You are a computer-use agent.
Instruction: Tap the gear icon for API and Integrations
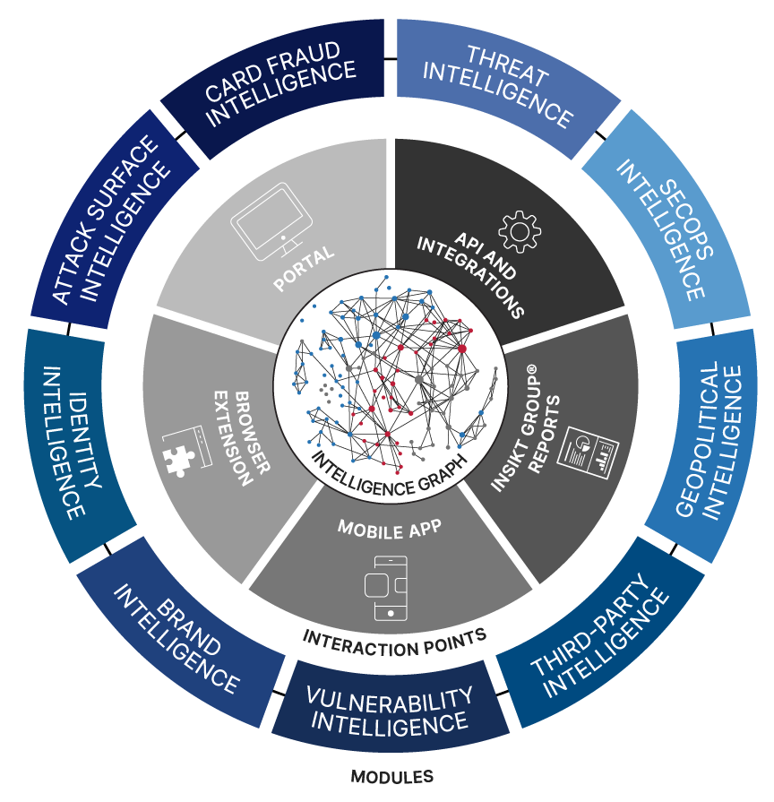(519, 230)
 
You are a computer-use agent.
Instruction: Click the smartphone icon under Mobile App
(386, 587)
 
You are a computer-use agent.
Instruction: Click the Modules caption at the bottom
(391, 777)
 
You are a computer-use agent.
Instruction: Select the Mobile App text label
(389, 528)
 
